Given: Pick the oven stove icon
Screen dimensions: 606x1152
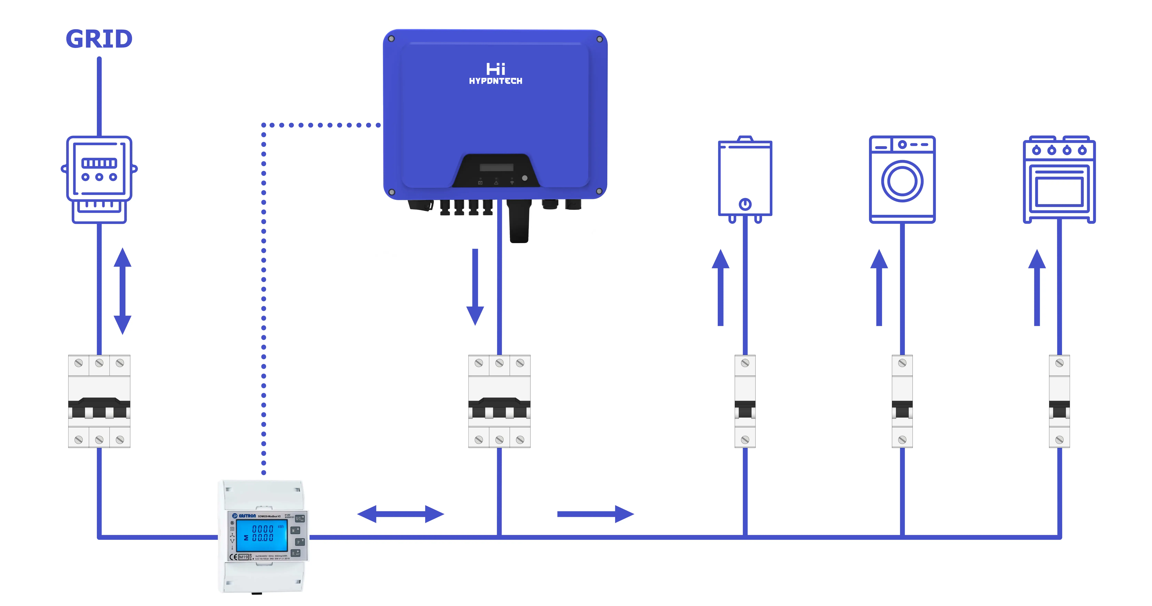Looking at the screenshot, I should tap(1059, 179).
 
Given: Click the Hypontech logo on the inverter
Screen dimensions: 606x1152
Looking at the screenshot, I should tap(496, 74).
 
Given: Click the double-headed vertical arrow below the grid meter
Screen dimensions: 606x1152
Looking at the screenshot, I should tap(122, 291).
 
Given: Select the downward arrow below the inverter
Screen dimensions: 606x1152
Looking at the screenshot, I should tap(475, 286).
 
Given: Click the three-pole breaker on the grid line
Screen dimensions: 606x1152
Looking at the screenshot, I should tap(99, 401).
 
